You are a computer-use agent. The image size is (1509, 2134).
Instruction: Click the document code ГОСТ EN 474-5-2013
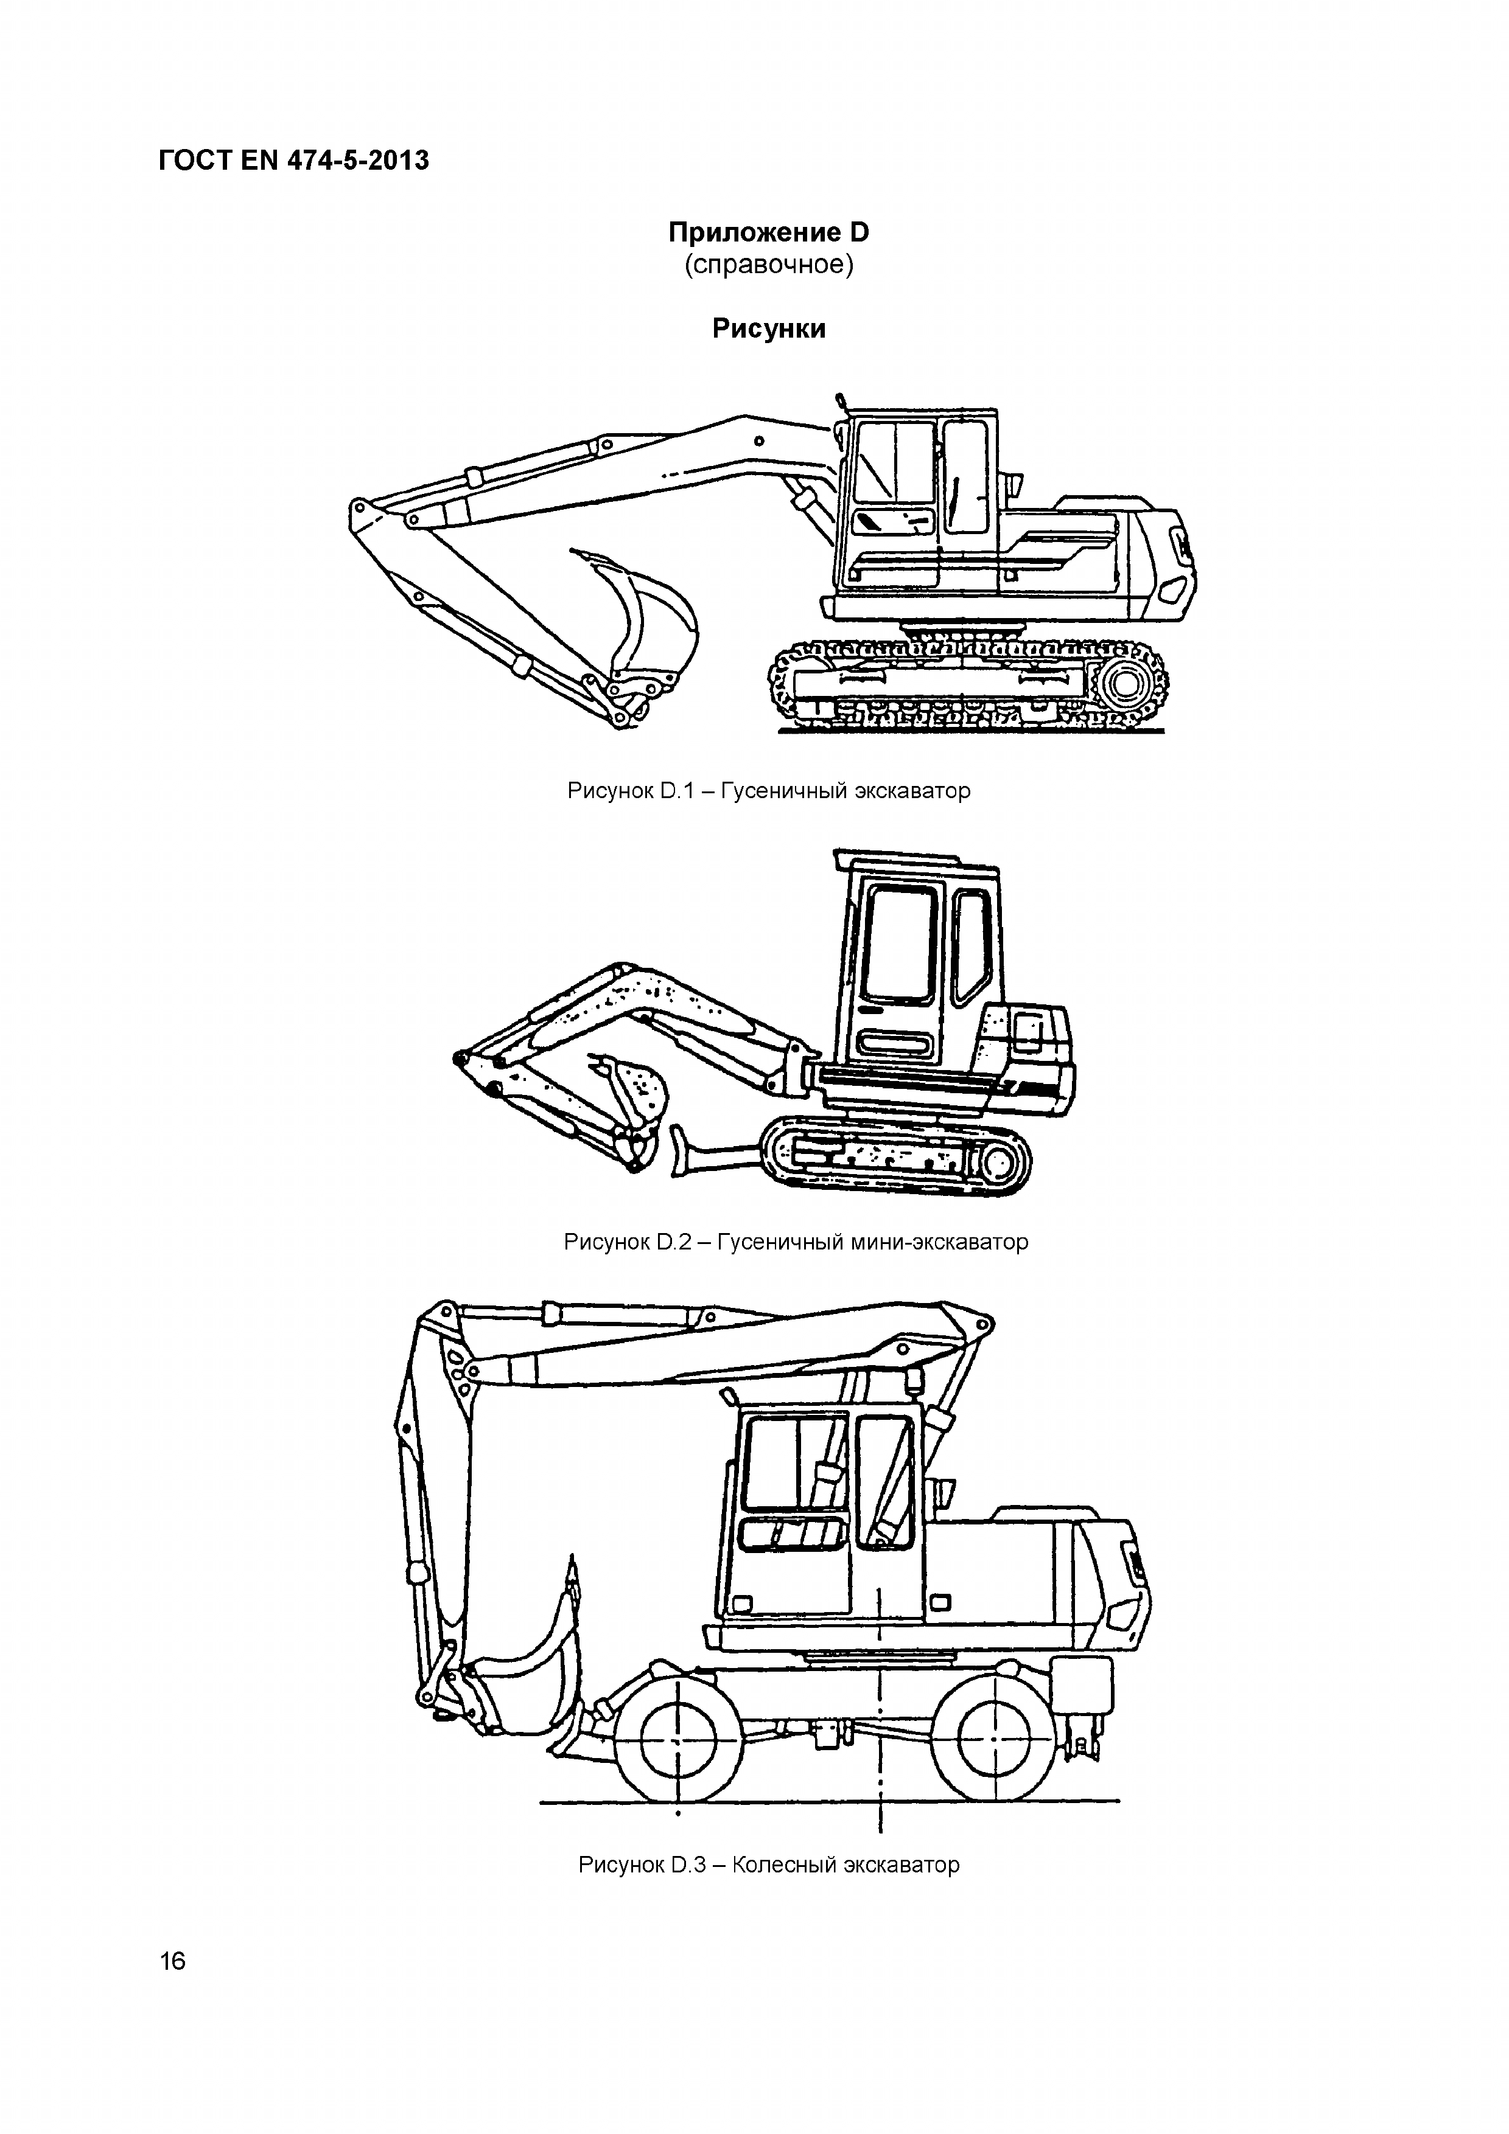(x=294, y=161)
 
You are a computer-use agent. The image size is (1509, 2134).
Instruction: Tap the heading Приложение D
(x=769, y=232)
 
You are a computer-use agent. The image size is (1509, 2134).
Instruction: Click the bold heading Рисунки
(x=769, y=329)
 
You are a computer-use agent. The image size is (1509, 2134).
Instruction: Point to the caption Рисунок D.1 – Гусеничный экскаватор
(x=769, y=791)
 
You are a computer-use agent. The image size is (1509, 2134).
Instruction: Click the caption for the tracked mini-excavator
(x=796, y=1242)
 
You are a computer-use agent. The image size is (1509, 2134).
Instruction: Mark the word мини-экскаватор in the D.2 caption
(x=940, y=1242)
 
